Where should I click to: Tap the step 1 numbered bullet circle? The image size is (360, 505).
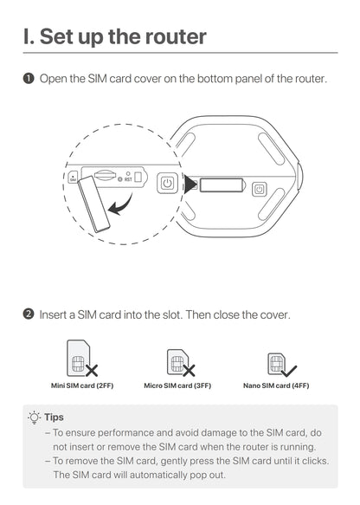click(29, 79)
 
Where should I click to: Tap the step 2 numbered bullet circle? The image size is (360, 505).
click(29, 314)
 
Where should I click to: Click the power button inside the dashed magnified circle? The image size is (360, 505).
click(167, 184)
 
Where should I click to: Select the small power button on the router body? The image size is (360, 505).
click(259, 190)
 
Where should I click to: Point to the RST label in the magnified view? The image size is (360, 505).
click(128, 179)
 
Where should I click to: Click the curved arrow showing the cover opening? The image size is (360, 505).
click(121, 204)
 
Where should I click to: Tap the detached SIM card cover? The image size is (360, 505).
click(93, 204)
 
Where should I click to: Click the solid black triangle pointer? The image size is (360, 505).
click(190, 185)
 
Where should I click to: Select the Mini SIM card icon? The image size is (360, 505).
click(78, 358)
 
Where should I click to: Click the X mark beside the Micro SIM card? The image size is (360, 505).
click(189, 371)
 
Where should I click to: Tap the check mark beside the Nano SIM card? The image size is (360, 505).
click(289, 371)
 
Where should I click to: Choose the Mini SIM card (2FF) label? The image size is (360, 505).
click(82, 385)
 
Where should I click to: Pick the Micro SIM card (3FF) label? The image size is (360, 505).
click(177, 385)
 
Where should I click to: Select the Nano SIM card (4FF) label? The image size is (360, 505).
click(276, 385)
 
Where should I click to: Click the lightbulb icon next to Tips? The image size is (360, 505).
click(35, 418)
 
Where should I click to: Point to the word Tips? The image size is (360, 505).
click(54, 418)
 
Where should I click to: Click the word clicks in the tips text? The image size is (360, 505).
click(315, 461)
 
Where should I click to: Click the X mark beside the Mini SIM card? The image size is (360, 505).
click(92, 371)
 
